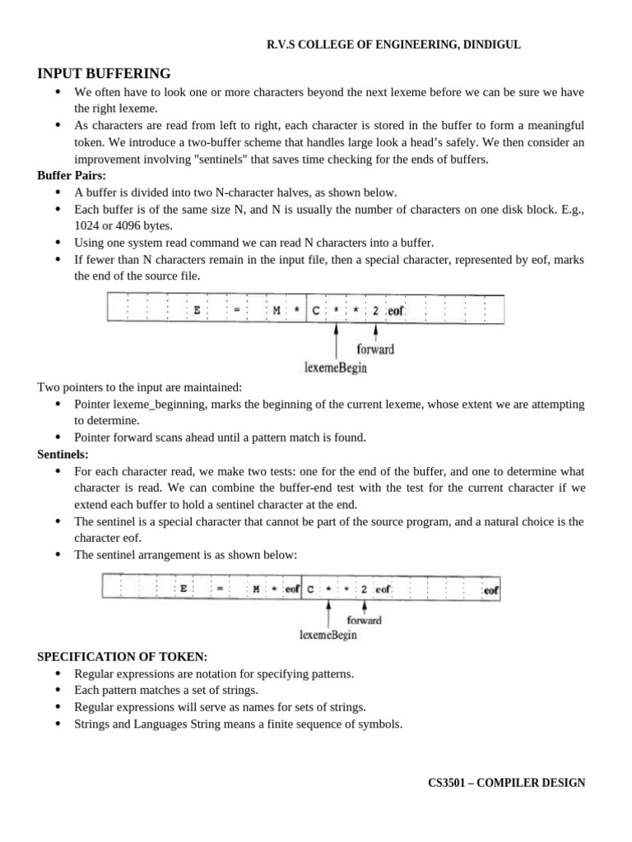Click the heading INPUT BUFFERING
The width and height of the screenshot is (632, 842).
105,74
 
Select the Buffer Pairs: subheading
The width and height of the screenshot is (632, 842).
72,175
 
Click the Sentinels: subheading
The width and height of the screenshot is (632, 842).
63,453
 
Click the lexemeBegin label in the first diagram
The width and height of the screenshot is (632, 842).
336,368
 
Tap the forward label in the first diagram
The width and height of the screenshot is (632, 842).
375,349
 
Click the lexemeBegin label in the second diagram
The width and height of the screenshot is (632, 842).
328,635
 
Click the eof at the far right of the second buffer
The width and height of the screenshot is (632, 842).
491,590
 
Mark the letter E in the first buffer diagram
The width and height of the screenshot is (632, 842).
197,311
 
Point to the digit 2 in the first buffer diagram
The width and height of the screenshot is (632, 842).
375,311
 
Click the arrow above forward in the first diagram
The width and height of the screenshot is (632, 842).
376,331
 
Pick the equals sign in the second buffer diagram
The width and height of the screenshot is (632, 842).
221,590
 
